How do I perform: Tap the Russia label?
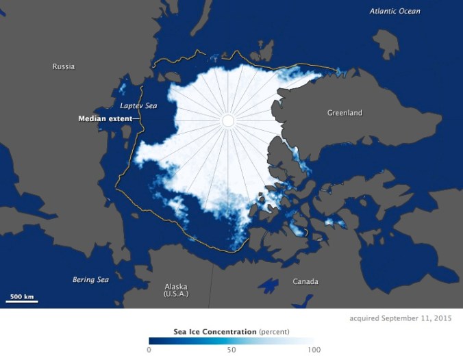63,66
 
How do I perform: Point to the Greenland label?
344,112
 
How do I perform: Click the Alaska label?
176,287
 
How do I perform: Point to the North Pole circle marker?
228,121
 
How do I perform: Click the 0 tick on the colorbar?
149,350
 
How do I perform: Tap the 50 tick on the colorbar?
231,350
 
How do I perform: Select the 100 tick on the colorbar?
314,350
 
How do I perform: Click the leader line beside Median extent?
137,118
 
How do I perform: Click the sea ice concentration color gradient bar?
231,340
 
